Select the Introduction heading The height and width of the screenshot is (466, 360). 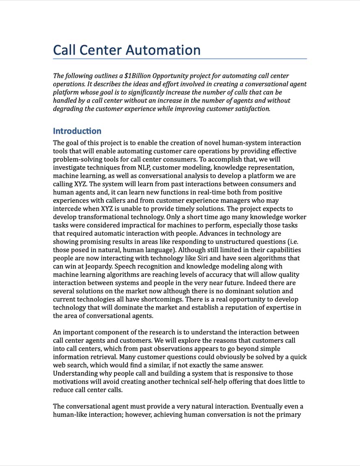[x=77, y=131]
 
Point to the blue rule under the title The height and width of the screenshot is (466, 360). [x=180, y=59]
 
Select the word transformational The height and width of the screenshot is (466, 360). [x=101, y=217]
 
